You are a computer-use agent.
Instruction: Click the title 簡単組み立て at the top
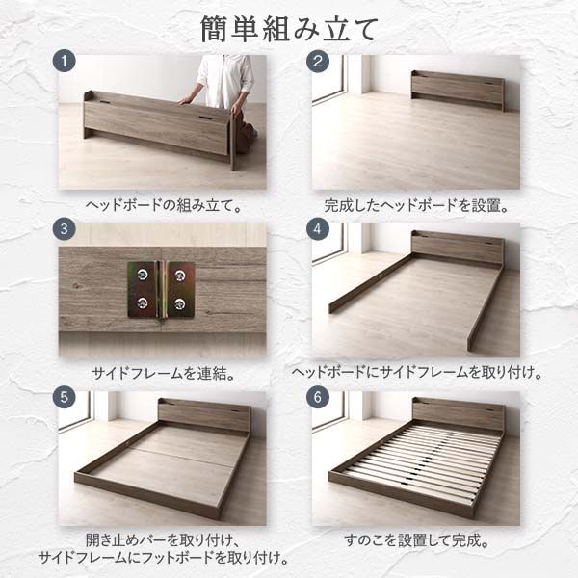[288, 29]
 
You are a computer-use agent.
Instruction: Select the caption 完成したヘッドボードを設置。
[416, 205]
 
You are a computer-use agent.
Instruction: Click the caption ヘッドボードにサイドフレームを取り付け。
[416, 373]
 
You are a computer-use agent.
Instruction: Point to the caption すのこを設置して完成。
[416, 540]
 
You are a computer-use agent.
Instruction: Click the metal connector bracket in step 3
[161, 289]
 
